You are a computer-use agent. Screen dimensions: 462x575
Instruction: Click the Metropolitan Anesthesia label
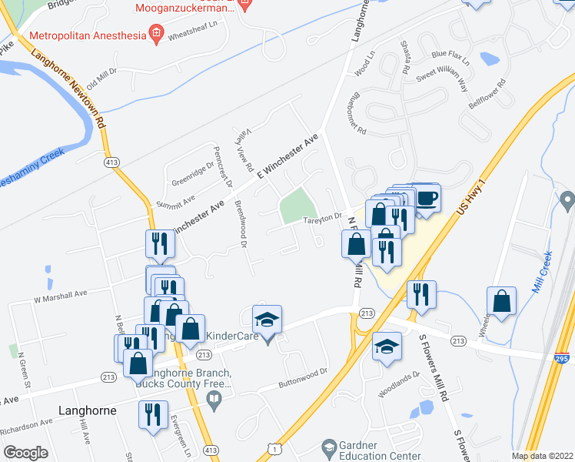coord(88,35)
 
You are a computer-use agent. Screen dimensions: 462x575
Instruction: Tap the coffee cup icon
coord(427,198)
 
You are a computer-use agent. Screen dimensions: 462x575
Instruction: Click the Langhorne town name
coord(87,410)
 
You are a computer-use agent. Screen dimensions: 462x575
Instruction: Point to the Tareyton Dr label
coord(323,218)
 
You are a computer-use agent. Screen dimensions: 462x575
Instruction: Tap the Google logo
coord(25,453)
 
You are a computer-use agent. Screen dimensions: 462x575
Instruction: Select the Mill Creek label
coord(543,273)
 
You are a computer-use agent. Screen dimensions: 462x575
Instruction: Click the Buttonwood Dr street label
coord(304,374)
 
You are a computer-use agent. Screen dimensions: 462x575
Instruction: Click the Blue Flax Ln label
coord(450,54)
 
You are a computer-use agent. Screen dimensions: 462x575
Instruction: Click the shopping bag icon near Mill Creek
coord(500,302)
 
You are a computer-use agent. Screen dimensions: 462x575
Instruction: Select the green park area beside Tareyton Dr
coord(299,205)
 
